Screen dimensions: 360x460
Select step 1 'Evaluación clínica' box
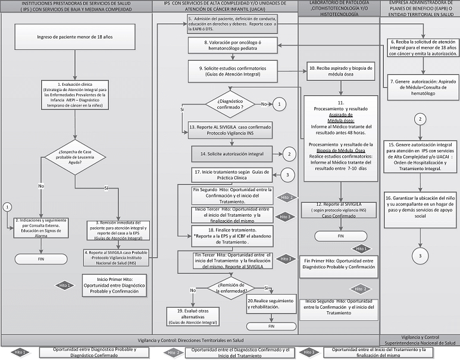74,93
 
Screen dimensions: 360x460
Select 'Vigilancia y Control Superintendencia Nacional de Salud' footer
420,340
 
